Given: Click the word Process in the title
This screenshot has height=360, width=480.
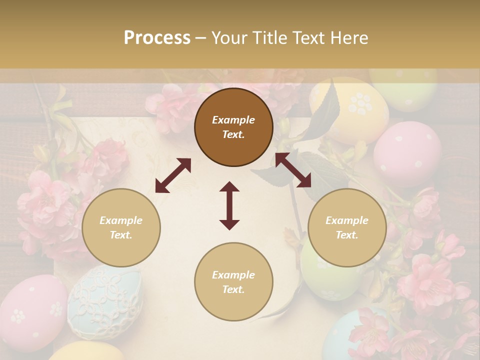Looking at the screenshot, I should tap(157, 38).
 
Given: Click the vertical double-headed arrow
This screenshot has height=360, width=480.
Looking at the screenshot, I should tap(229, 205).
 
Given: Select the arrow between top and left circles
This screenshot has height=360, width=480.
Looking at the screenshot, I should tap(173, 175).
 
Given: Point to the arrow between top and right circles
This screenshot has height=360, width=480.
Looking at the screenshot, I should tap(293, 170).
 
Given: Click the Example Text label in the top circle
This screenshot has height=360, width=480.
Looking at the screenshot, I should tap(233, 127).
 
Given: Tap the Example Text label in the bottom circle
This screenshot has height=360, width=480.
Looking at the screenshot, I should tap(233, 282).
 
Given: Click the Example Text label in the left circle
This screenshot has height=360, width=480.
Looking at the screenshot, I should tap(121, 227).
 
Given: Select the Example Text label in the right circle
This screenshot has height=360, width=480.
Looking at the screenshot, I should tap(347, 227).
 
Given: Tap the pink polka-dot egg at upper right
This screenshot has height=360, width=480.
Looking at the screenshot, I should tap(407, 153).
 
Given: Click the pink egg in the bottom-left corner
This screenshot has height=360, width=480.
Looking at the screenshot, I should tap(30, 313).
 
